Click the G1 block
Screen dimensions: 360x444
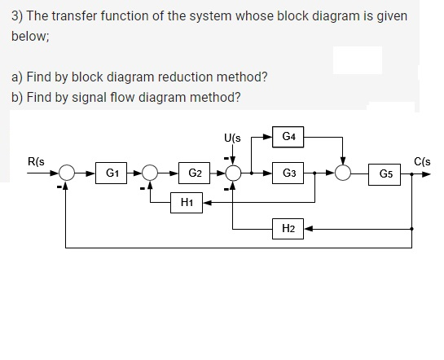pos(112,173)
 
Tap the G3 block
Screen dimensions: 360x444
pos(288,173)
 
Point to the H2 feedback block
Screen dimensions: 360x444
pos(288,230)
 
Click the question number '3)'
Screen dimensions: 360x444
pos(18,16)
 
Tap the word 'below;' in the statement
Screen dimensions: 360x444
pos(31,37)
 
